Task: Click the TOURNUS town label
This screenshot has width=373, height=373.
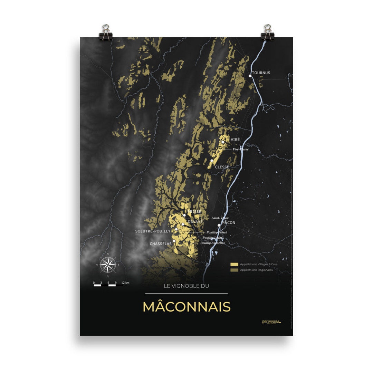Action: click(x=261, y=73)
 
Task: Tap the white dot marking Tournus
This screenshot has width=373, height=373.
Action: click(x=250, y=76)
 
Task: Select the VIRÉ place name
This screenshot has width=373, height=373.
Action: click(x=235, y=139)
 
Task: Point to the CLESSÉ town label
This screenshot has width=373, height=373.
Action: click(x=222, y=167)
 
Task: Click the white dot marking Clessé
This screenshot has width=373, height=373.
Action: click(x=212, y=161)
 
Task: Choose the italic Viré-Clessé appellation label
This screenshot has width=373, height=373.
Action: click(x=241, y=149)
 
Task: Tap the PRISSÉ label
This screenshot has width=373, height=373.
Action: click(x=194, y=211)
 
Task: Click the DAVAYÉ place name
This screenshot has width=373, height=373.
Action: click(x=195, y=221)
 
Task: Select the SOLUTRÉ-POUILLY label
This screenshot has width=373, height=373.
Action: click(x=153, y=231)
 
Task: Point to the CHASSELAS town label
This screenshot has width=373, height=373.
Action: click(x=161, y=244)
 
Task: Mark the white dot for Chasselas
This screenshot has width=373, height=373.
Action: click(x=174, y=241)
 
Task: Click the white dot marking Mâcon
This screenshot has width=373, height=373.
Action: click(x=219, y=225)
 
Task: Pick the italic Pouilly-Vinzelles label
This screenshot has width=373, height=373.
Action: click(x=212, y=243)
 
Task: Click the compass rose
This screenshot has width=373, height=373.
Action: click(x=108, y=265)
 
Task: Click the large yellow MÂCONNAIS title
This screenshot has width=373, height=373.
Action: click(x=186, y=307)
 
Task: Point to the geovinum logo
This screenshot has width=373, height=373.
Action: click(x=271, y=322)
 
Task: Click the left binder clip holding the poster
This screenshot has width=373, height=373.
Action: click(x=106, y=32)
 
